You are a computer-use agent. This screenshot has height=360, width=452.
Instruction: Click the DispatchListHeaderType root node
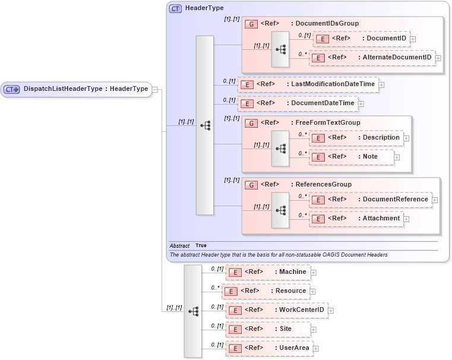pos(76,89)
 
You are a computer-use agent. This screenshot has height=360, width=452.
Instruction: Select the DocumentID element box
pos(361,39)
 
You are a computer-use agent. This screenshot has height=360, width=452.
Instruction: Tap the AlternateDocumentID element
pos(372,58)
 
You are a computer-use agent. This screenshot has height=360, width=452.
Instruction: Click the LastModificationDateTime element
pos(308,84)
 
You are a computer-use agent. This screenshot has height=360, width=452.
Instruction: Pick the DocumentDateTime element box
pos(298,103)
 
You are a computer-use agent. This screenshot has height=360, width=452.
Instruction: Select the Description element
pos(356,138)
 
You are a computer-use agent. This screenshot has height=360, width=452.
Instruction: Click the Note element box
pos(352,157)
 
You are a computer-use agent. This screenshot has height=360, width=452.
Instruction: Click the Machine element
pos(267,272)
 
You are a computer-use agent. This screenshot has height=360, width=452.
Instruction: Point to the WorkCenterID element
pos(276,310)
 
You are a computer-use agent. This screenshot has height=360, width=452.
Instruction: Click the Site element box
pos(267,329)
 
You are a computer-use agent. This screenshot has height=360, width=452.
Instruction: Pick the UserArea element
pos(269,348)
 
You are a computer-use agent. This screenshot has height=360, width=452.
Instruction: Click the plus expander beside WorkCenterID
pos(331,311)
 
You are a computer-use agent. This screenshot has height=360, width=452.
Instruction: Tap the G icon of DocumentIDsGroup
pos(251,24)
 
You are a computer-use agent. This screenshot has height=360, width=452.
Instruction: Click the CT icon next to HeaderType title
pos(175,9)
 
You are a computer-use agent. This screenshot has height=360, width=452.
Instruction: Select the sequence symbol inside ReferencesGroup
pos(280,210)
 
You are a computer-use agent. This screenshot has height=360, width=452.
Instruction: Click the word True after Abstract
pos(201,245)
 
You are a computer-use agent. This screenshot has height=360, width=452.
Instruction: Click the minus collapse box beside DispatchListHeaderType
pos(154,90)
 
